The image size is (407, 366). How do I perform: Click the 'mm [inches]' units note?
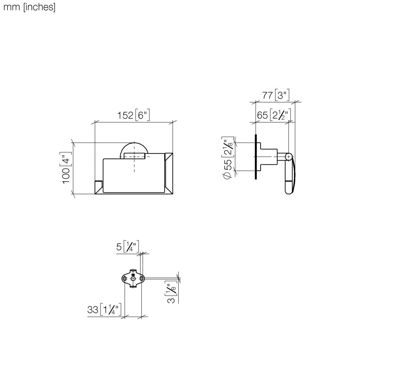[x=29, y=7]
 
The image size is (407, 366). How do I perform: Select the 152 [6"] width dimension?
[x=134, y=115]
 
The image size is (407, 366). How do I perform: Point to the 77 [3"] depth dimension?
[x=276, y=95]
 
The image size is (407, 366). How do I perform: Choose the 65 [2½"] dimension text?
[x=274, y=115]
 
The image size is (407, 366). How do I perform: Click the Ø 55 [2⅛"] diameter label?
[x=228, y=158]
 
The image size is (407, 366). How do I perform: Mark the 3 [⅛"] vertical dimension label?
[x=172, y=292]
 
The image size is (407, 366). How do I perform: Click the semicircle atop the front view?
[x=134, y=148]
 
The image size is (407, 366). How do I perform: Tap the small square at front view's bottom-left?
[x=99, y=187]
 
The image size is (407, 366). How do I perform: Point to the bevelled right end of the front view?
[x=168, y=173]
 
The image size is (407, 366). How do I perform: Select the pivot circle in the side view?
[x=289, y=157]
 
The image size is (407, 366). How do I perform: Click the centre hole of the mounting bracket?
[x=133, y=279]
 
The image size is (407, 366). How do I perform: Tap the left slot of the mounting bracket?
[x=125, y=279]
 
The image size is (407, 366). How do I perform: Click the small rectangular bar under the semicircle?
[x=135, y=156]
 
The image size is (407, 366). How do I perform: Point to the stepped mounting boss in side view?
[x=268, y=156]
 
